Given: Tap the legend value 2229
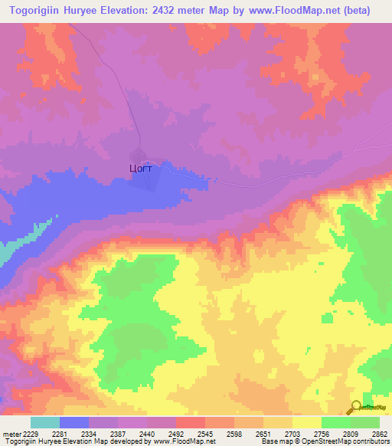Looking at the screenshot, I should [31, 434].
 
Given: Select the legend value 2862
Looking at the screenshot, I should [379, 434].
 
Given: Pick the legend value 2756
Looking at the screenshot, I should [321, 434].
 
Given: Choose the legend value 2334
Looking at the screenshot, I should [90, 434].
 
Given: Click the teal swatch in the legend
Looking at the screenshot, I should [45, 422].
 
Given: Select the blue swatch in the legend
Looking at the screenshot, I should [74, 422].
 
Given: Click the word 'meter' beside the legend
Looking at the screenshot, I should [11, 434].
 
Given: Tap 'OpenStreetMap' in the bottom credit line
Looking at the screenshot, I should [361, 442].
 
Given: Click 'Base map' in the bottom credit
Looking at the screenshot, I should [277, 442].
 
